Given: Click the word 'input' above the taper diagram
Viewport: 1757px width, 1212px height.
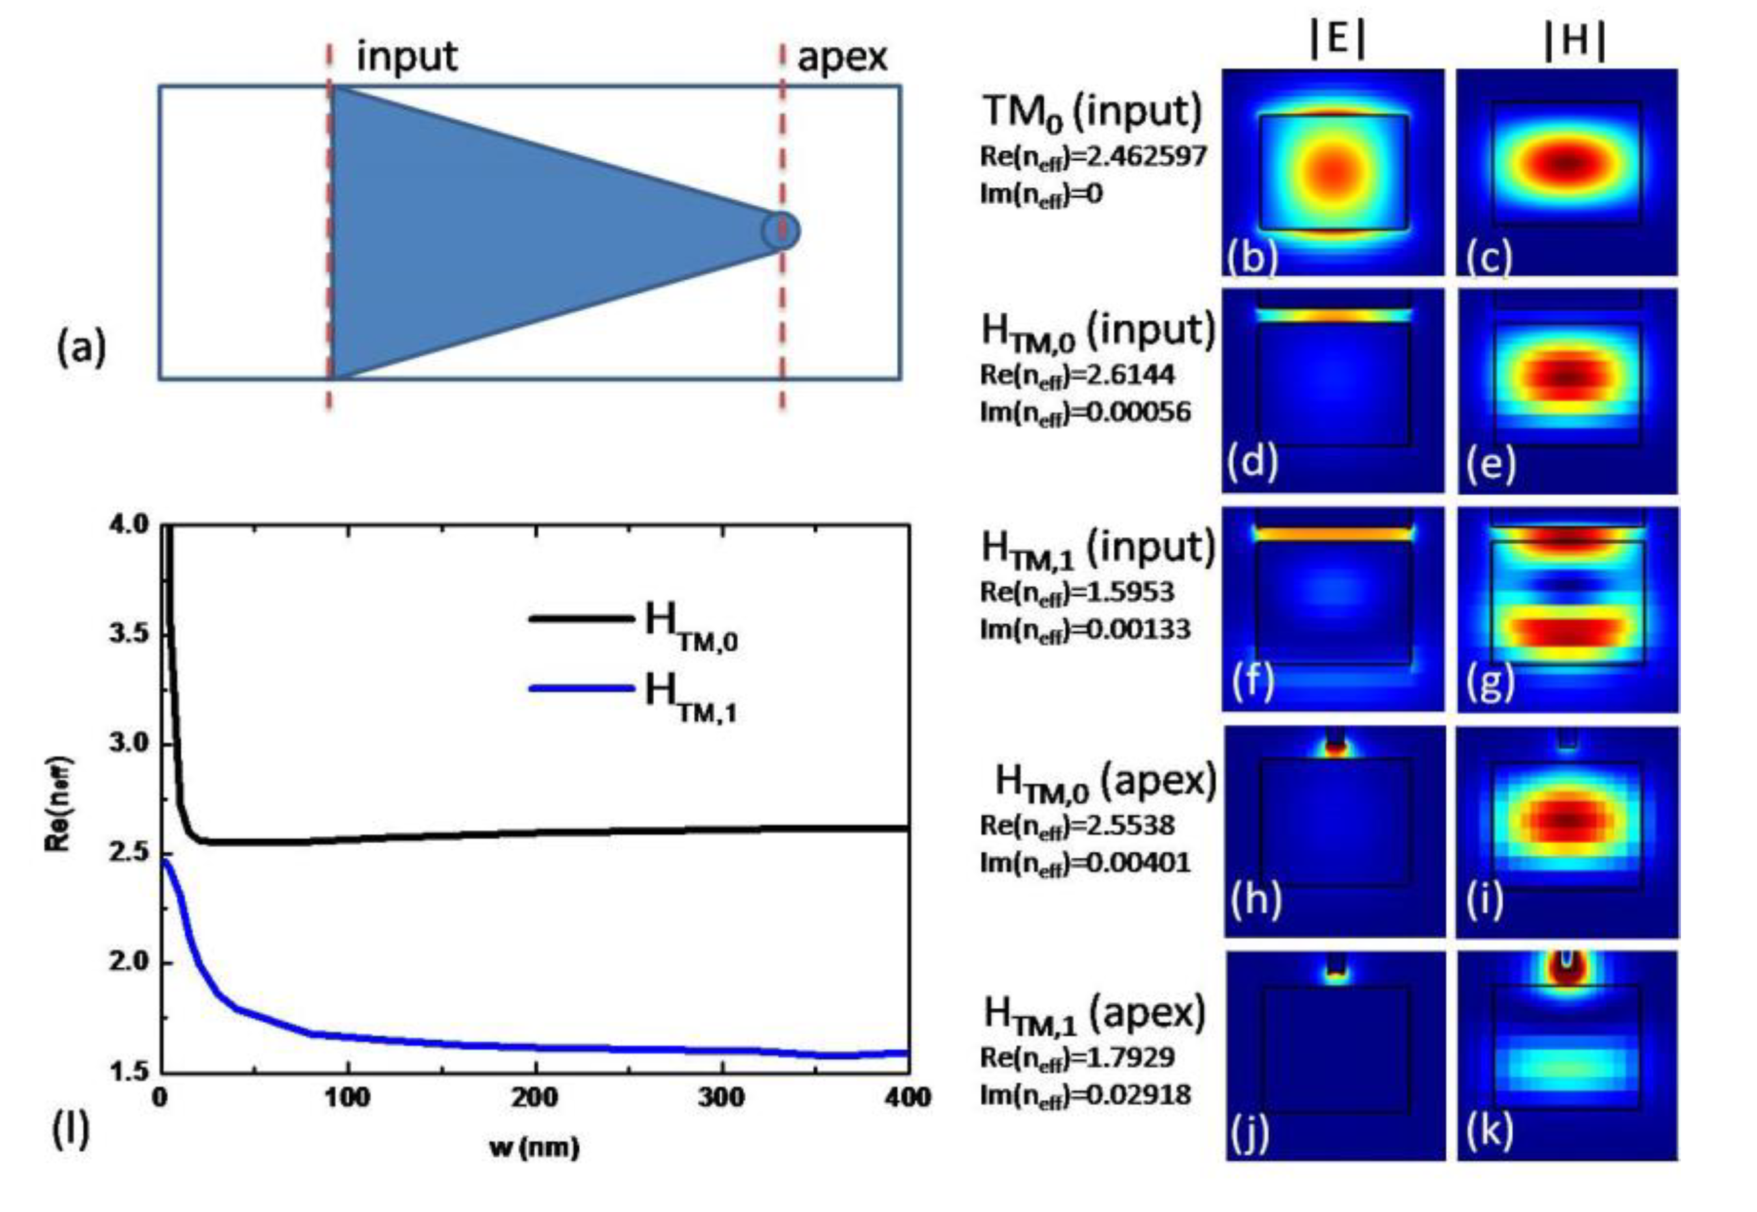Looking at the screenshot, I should pos(406,57).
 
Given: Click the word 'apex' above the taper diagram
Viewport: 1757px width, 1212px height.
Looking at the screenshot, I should pos(841,57).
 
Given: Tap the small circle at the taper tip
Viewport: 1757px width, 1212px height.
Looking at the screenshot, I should pos(780,230).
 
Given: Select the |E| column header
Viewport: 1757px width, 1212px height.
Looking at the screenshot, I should pos(1337,40).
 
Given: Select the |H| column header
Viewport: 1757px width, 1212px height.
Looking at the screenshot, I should pos(1575,40).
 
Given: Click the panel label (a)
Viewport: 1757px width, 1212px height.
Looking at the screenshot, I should pos(81,348).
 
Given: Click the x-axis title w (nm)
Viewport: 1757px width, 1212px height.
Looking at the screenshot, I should pos(535,1147).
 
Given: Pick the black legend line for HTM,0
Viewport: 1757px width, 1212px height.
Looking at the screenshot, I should pos(581,619).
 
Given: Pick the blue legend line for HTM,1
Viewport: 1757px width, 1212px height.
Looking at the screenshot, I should pos(581,689).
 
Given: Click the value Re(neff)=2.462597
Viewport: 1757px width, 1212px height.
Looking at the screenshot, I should pos(1092,157).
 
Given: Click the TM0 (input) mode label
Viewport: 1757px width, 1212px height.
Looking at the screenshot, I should pos(1092,112).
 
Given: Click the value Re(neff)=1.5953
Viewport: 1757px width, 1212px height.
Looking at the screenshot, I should pos(1077,592).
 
